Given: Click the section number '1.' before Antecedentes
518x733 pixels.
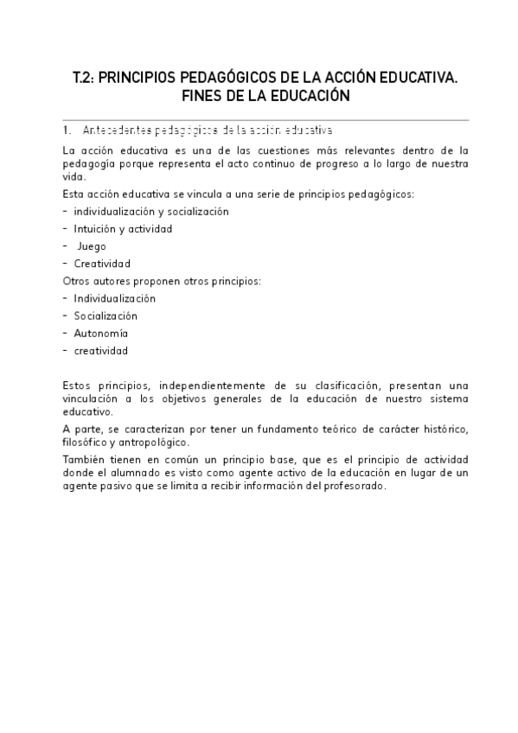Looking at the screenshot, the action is [67, 131].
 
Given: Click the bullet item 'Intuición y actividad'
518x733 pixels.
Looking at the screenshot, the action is [123, 229].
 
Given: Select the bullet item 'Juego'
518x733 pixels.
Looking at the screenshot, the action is [92, 246].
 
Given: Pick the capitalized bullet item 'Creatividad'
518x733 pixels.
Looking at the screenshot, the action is [102, 264].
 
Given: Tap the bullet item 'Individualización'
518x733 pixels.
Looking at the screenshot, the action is [115, 298].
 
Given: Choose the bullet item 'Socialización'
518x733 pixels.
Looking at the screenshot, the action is [106, 316].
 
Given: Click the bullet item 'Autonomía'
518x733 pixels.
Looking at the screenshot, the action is [101, 333].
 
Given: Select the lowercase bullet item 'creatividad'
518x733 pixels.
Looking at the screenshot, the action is [101, 350].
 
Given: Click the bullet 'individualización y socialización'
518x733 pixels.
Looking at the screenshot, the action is [150, 212].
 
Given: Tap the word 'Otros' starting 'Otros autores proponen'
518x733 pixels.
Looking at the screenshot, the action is [77, 281].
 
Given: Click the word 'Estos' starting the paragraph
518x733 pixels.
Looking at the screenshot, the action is [78, 385].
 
